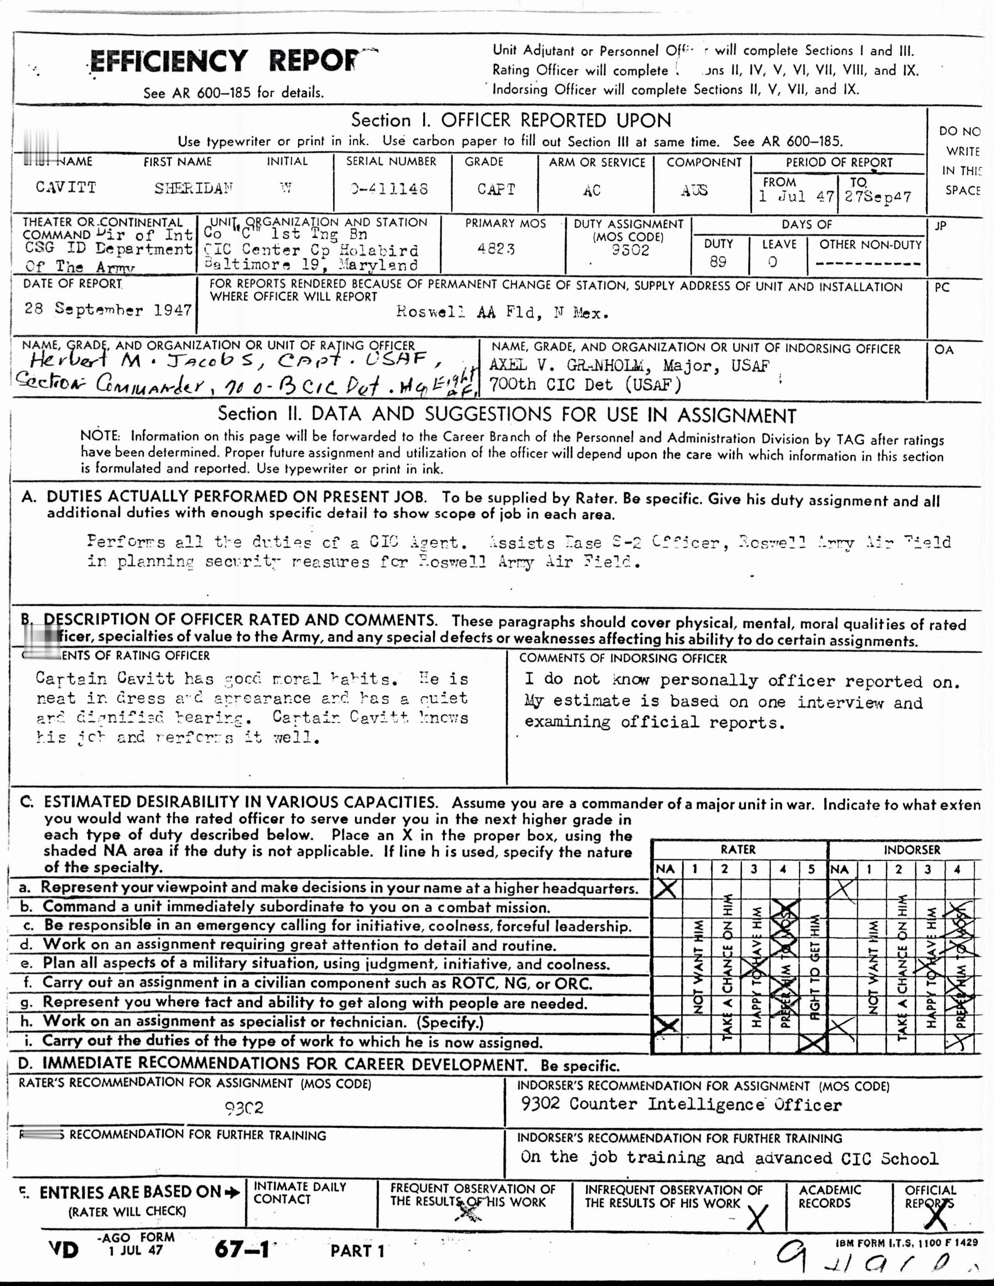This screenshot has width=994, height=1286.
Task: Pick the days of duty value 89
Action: click(718, 261)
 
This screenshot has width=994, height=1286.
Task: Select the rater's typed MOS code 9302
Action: click(244, 1108)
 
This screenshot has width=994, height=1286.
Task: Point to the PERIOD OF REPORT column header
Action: click(839, 163)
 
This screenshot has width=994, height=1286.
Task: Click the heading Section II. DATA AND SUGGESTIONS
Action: click(506, 415)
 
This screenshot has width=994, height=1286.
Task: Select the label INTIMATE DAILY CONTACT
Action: click(300, 1193)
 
